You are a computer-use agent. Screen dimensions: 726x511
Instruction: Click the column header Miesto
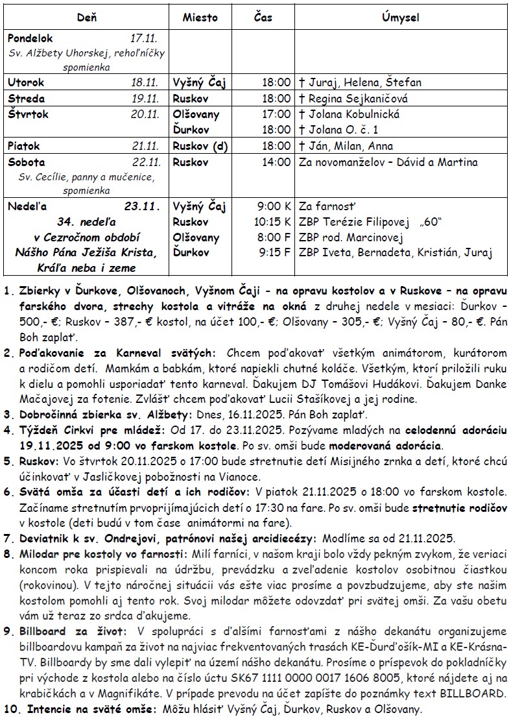[x=200, y=18]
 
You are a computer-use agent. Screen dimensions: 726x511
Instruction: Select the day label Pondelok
[x=30, y=39]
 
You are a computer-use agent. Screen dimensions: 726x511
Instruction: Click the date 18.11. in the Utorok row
[x=145, y=82]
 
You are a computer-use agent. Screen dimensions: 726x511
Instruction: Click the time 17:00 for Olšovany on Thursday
[x=276, y=114]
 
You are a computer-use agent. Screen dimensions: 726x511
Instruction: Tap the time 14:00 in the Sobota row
[x=276, y=162]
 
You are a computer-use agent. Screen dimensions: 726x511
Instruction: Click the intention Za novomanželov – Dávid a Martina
[x=388, y=162]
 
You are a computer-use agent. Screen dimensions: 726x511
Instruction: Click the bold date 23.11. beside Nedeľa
[x=141, y=207]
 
